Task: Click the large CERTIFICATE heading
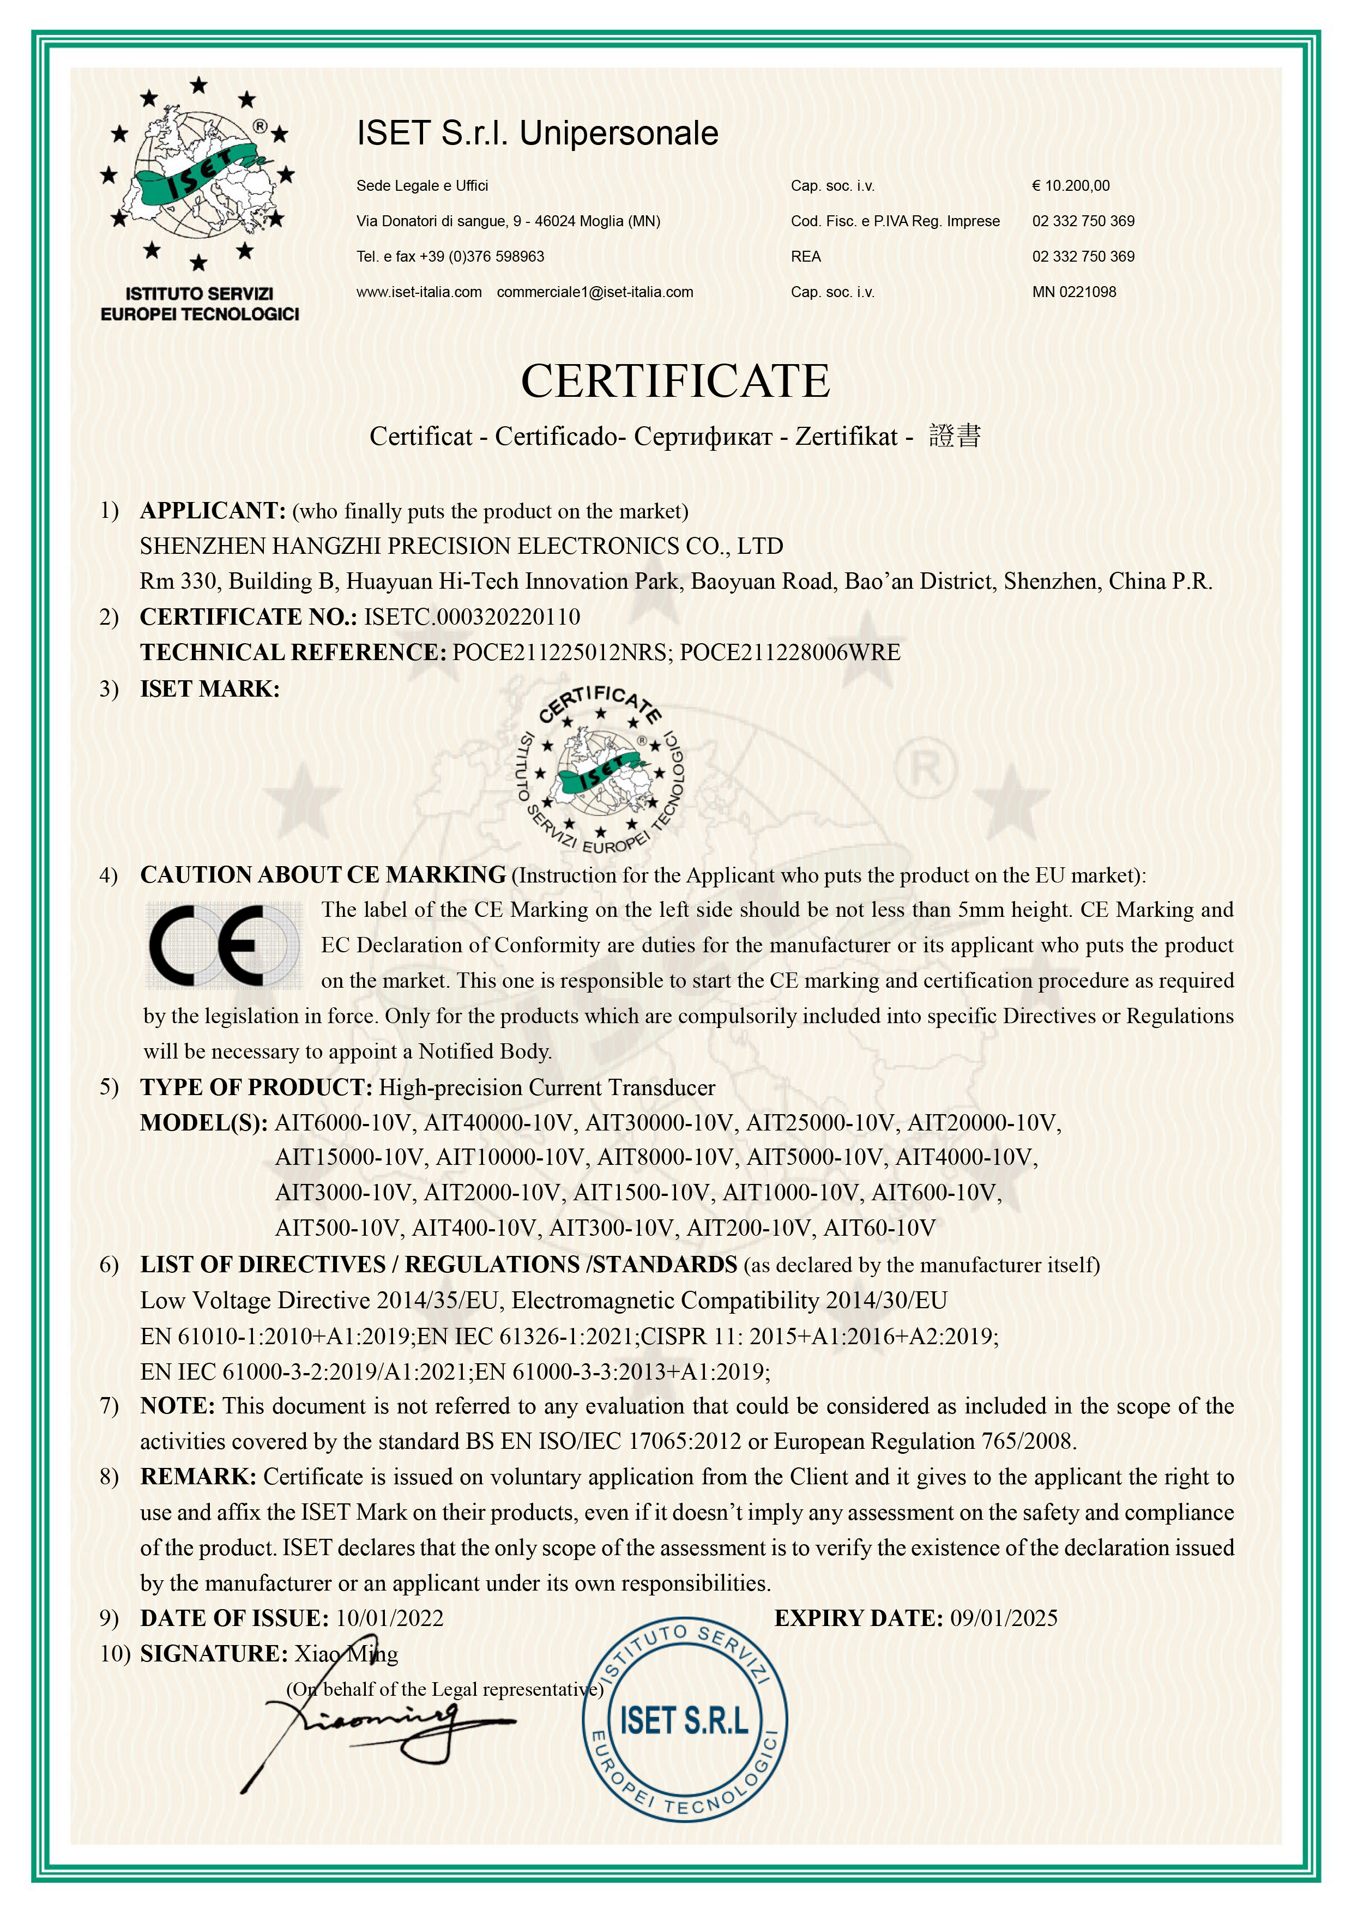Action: click(675, 381)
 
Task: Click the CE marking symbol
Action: click(223, 945)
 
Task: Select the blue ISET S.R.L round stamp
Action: click(684, 1721)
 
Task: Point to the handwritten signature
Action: click(375, 1731)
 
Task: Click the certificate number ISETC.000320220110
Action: click(472, 616)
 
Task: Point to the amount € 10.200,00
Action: click(1071, 185)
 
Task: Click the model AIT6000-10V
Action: click(344, 1123)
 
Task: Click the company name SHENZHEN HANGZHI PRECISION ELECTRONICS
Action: click(461, 546)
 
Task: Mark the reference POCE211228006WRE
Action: click(790, 652)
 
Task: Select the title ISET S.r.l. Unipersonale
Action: click(537, 133)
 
